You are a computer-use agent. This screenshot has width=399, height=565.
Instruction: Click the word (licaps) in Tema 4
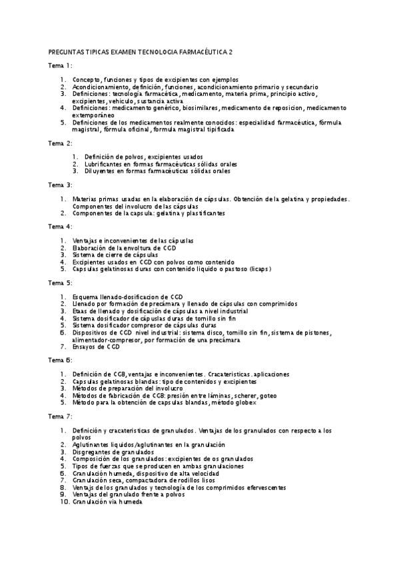pos(258,269)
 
